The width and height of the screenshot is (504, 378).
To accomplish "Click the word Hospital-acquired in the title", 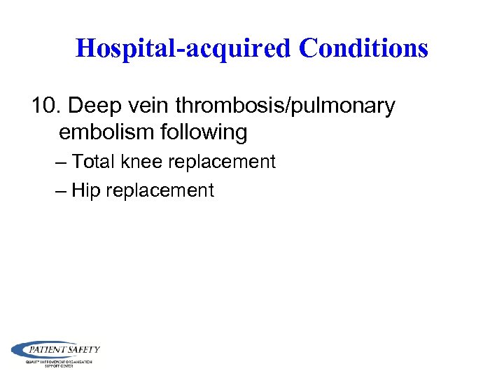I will pos(183,48).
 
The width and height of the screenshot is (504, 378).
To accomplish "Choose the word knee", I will pos(140,162).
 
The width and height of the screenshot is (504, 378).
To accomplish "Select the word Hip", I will pos(86,190).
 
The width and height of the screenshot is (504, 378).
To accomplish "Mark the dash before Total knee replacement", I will pos(61,162).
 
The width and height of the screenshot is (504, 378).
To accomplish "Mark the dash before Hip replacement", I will pos(61,191).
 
